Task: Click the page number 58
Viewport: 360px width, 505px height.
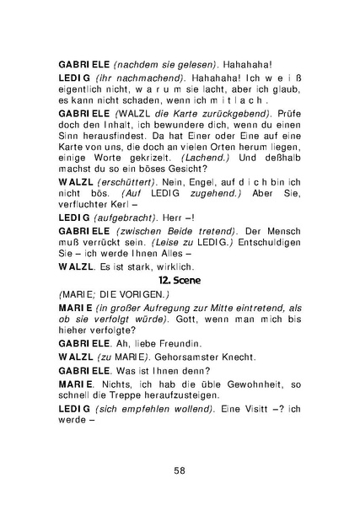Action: pyautogui.click(x=180, y=470)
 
